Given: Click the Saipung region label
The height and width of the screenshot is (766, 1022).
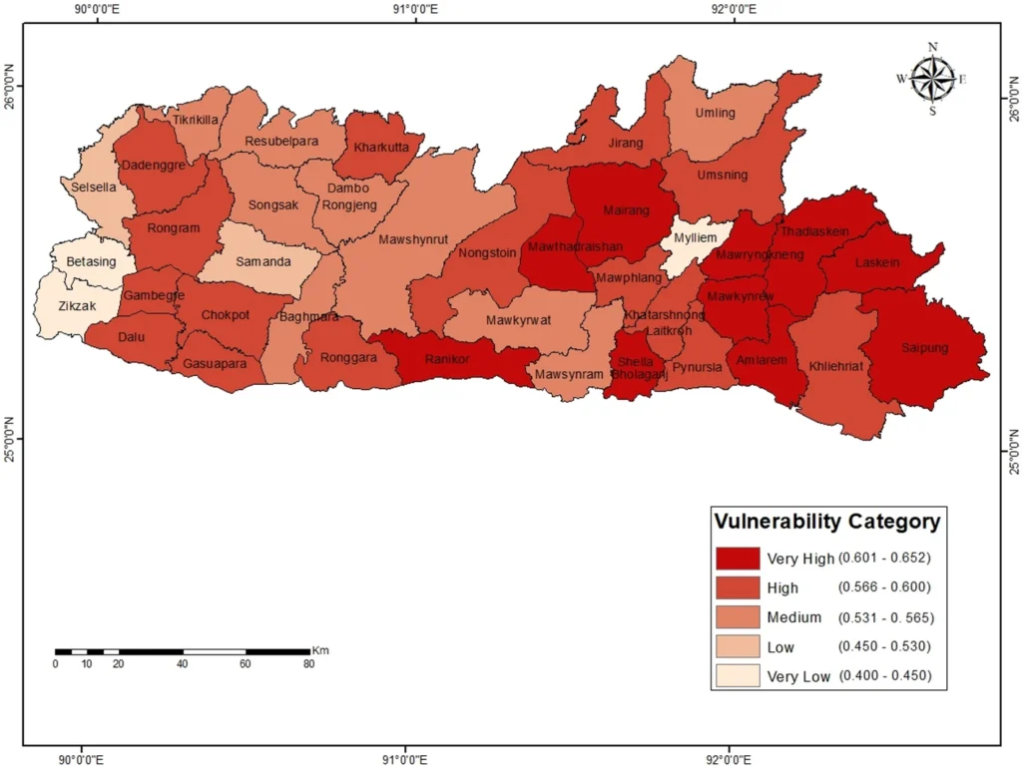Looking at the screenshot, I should [x=924, y=348].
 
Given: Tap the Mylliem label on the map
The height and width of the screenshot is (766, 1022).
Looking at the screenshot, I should [x=694, y=239].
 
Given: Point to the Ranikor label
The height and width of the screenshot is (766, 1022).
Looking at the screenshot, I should [x=446, y=359].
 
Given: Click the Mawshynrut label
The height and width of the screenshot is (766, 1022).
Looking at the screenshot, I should [x=413, y=239].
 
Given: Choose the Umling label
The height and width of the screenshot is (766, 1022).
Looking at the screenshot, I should [x=715, y=113].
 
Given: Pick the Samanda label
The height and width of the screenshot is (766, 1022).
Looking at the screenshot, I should [x=263, y=261].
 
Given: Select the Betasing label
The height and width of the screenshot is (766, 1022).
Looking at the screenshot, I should [x=91, y=261].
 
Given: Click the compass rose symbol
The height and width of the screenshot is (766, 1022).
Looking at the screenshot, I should [x=932, y=79].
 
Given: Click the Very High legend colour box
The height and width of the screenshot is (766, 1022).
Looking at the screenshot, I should [x=737, y=557].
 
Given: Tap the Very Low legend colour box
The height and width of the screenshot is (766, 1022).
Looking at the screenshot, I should [x=737, y=675].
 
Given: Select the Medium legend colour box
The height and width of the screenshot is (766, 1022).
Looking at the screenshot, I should [x=737, y=615].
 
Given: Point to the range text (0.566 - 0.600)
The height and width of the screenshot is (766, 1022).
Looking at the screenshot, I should [x=884, y=587].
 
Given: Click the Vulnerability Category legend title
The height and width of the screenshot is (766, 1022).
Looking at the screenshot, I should [x=826, y=521].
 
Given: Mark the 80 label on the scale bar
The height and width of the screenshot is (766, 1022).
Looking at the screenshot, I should [x=308, y=664].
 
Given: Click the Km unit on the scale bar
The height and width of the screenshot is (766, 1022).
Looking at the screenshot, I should [x=320, y=650].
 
